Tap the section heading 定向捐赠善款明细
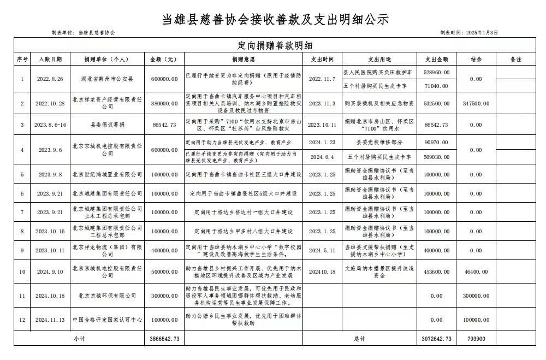point(272,45)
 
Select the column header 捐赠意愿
point(243,59)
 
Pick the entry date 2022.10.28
point(50,103)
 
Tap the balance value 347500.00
point(476,103)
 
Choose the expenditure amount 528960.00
point(436,72)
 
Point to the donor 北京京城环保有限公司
point(106,296)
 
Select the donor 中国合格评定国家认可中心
point(106,320)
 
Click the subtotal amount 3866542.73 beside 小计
point(164,339)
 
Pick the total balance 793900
point(476,339)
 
